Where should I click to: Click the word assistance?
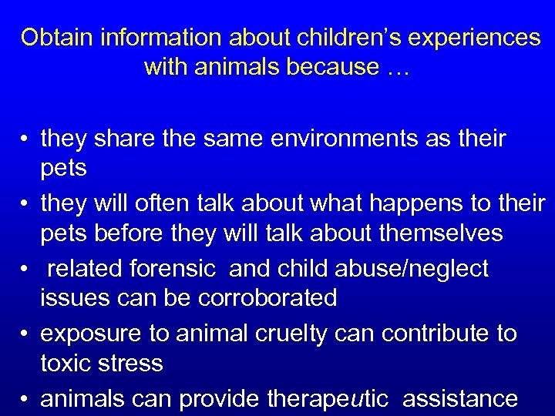pyautogui.click(x=459, y=399)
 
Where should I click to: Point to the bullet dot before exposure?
pyautogui.click(x=25, y=334)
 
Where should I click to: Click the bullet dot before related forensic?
pyautogui.click(x=25, y=269)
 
